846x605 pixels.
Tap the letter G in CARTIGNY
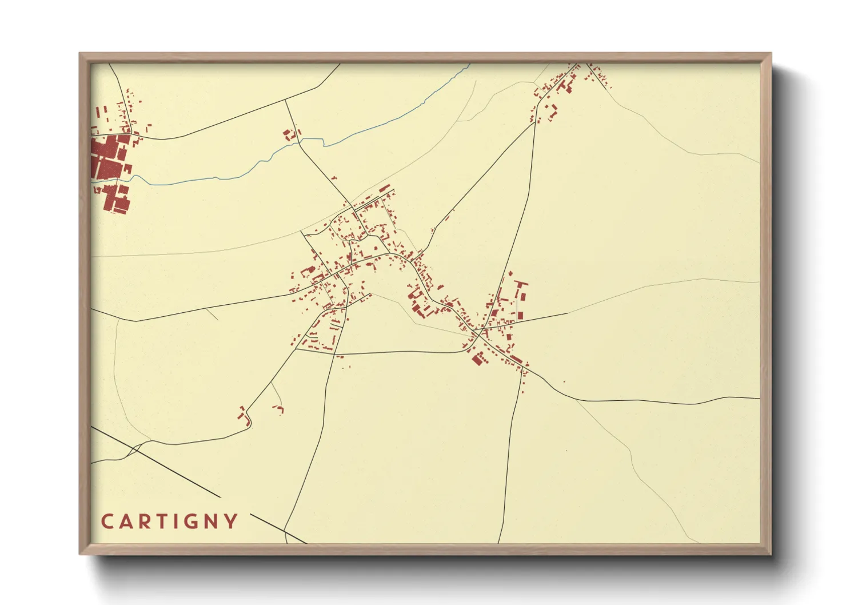190,522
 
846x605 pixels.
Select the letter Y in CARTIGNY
231,522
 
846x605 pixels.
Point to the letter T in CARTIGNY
156,522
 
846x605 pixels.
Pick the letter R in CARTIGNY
140,522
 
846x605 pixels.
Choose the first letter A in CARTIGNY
123,522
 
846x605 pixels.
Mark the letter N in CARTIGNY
210,522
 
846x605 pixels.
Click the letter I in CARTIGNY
171,522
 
